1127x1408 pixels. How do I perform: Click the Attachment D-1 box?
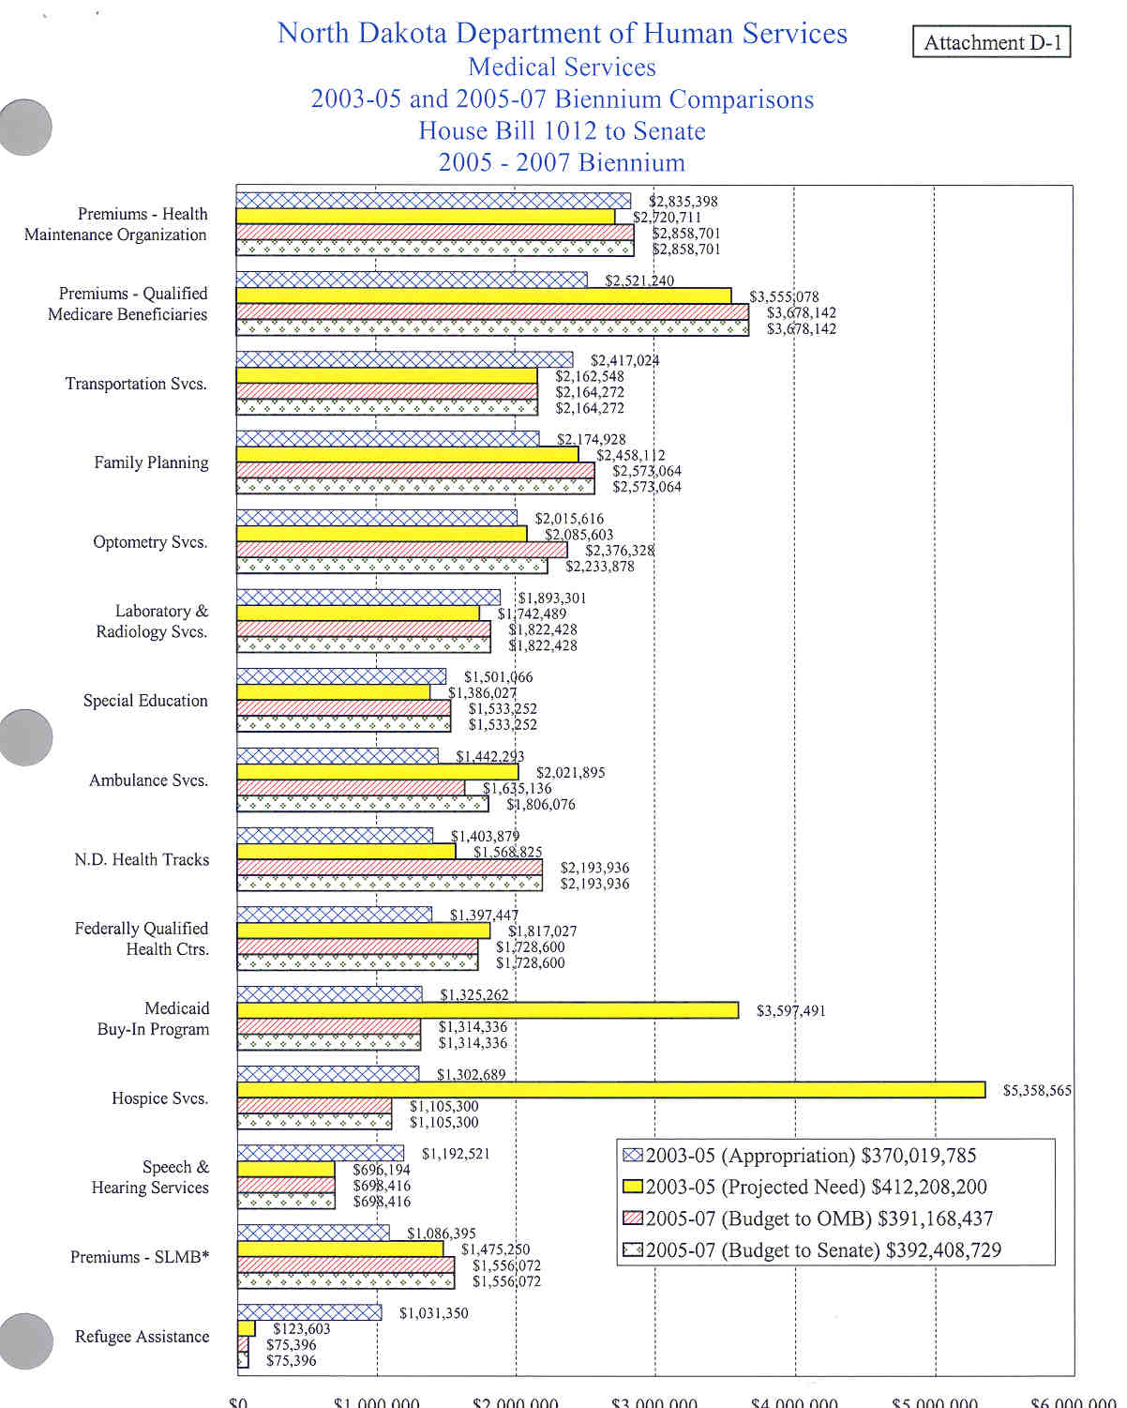pos(992,42)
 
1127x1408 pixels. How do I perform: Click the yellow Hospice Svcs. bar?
pos(610,1089)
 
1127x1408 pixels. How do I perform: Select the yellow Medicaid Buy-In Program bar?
pos(488,1010)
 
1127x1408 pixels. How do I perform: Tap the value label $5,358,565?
pos(1037,1090)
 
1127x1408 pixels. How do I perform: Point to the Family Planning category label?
pos(151,462)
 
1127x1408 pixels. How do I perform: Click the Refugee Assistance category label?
pos(143,1337)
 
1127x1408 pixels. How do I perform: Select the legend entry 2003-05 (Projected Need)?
pos(806,1187)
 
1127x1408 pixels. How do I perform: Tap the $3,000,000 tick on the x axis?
pos(654,1401)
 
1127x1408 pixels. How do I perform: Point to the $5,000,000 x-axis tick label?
pos(934,1401)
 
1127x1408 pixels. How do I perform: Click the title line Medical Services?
pos(562,68)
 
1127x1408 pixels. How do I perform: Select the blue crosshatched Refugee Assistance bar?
pos(309,1312)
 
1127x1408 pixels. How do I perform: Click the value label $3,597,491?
pos(790,1010)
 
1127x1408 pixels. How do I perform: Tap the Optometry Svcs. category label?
pos(150,542)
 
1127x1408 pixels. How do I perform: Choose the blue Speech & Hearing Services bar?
pos(321,1153)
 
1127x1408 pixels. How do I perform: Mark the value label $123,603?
pos(301,1328)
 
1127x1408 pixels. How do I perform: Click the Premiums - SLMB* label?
pos(140,1257)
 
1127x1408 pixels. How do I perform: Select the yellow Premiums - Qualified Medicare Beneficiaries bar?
pos(484,296)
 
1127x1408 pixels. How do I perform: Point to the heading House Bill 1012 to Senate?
pos(562,131)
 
